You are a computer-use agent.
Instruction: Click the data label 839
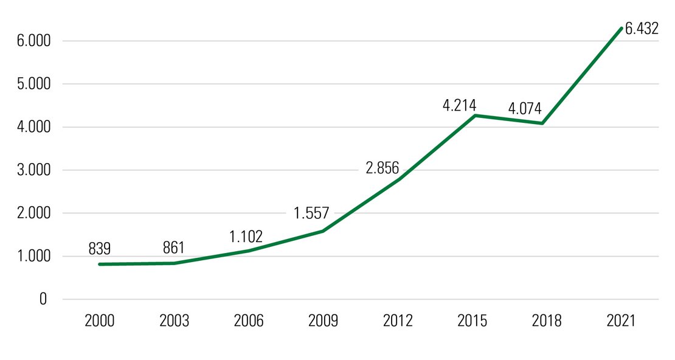click(99, 249)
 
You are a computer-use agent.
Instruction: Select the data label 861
click(173, 248)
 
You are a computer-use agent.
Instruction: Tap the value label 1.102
click(246, 236)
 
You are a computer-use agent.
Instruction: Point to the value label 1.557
click(311, 213)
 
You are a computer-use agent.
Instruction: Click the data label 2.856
click(382, 168)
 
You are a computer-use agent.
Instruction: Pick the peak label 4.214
click(459, 105)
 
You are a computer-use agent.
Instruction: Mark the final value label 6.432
click(642, 29)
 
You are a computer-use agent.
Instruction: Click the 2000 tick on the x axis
click(100, 321)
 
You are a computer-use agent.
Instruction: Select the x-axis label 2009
click(323, 321)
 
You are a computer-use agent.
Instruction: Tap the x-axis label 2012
click(398, 321)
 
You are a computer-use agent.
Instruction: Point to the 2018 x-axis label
click(547, 321)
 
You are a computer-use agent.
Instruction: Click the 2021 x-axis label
click(621, 321)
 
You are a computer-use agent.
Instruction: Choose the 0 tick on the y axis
click(43, 299)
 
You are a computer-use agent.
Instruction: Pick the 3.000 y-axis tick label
click(32, 170)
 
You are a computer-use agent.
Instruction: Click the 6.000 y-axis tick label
click(32, 41)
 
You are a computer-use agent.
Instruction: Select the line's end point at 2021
click(621, 28)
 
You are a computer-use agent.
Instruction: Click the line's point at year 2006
click(249, 251)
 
